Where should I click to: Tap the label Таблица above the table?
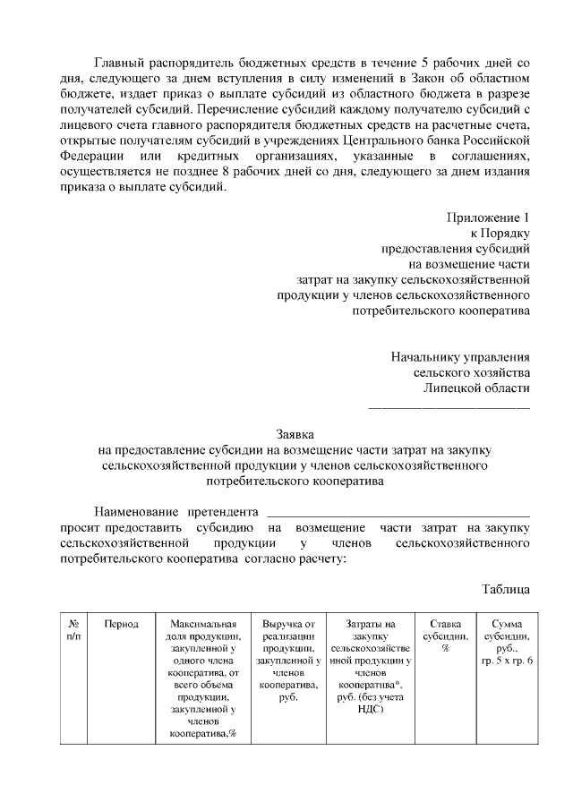tap(506, 588)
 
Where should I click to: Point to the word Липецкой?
tap(453, 388)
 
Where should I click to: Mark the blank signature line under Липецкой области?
tap(449, 407)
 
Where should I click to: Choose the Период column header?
tap(121, 624)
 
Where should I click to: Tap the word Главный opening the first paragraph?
tap(122, 64)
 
